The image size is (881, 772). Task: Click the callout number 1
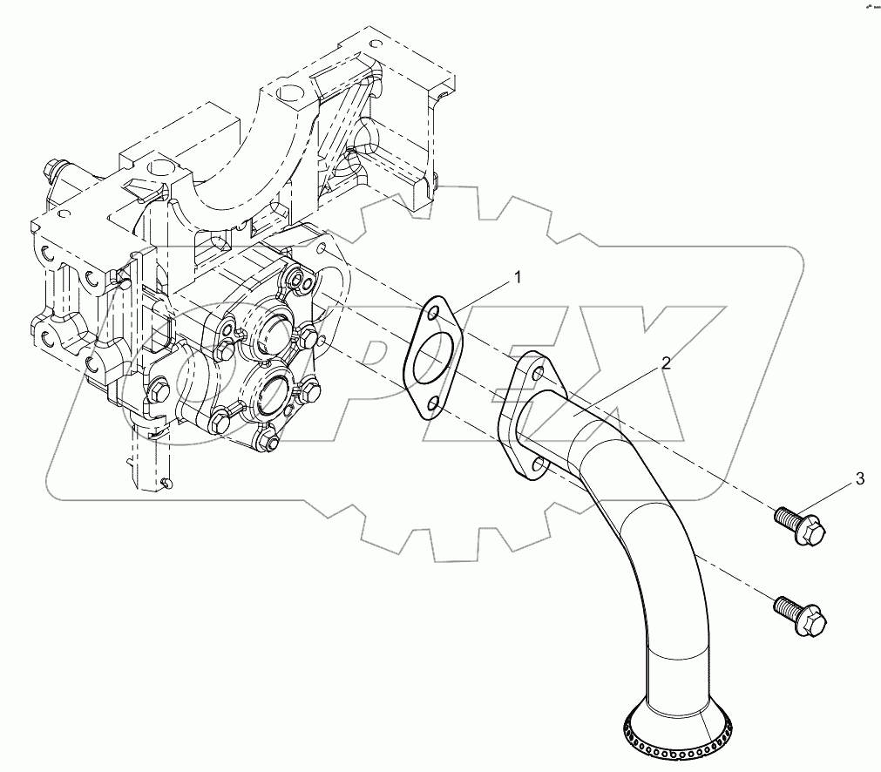(x=517, y=278)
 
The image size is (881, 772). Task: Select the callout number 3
(x=859, y=477)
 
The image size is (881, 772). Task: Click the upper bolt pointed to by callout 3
(x=800, y=525)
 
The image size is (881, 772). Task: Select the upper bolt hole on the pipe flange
(x=537, y=374)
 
